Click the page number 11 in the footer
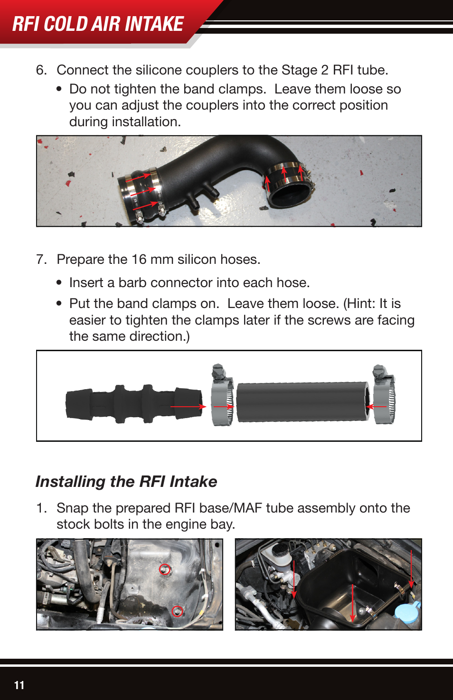click(19, 685)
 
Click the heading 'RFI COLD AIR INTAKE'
click(98, 24)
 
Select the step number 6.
click(41, 70)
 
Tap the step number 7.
click(41, 260)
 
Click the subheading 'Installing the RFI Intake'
click(126, 482)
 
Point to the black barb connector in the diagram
click(133, 404)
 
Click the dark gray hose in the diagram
click(302, 402)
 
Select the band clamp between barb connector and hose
click(223, 395)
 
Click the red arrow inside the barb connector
click(188, 407)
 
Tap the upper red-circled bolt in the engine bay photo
click(165, 569)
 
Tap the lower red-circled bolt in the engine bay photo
click(177, 611)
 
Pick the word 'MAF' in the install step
click(247, 508)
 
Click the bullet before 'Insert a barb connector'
click(59, 283)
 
